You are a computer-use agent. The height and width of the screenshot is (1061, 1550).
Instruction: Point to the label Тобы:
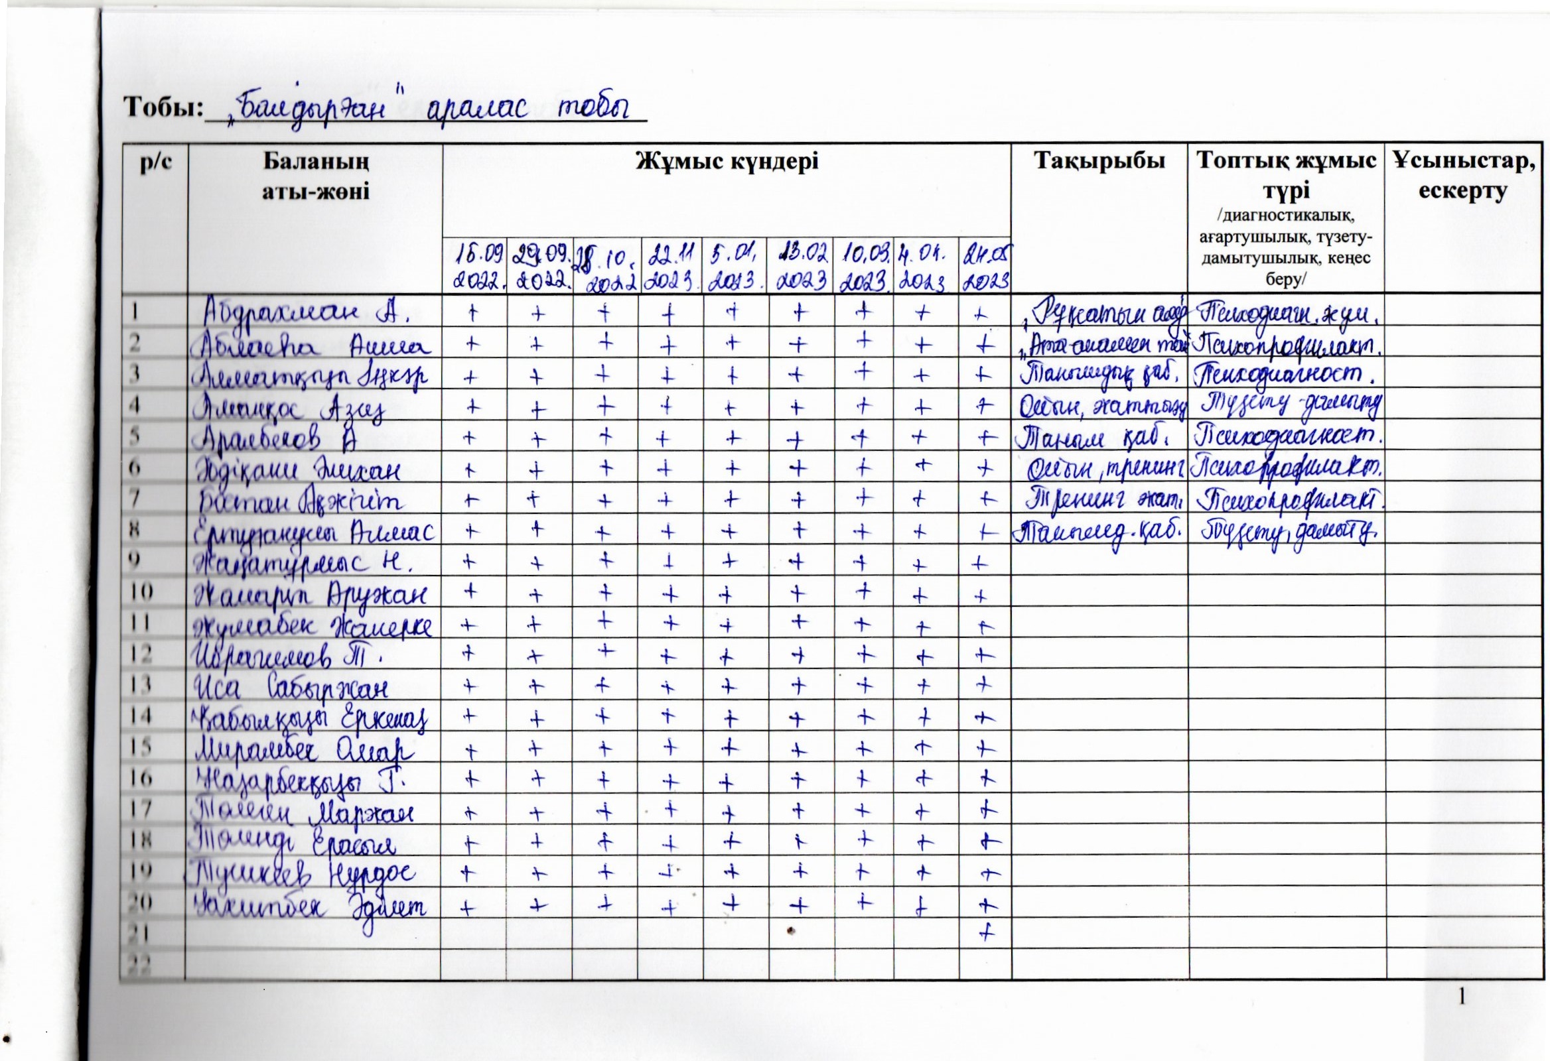tap(163, 107)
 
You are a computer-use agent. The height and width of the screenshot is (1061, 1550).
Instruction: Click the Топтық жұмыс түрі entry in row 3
tap(1287, 375)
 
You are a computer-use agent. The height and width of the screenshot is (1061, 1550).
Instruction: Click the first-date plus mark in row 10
tap(472, 590)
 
